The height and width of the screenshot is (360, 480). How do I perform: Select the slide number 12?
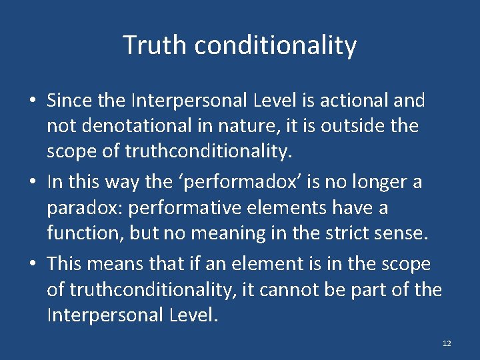[447, 343]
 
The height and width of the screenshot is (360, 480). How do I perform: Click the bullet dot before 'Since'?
[32, 101]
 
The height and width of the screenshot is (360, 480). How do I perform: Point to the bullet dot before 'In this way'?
[32, 183]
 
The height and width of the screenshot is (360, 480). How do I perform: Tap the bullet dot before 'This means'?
[32, 264]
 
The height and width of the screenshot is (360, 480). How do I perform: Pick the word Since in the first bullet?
[69, 101]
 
